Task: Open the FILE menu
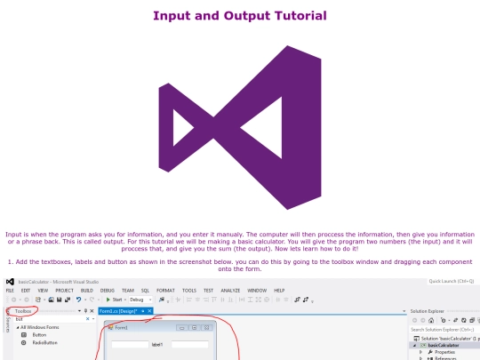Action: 10,291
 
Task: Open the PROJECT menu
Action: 65,291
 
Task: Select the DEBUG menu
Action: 108,291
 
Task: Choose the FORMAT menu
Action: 165,291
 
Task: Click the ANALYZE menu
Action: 230,291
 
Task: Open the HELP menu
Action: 279,291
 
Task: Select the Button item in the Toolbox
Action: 39,335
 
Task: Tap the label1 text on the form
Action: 158,344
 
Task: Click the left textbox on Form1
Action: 130,344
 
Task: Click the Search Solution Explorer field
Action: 444,329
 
